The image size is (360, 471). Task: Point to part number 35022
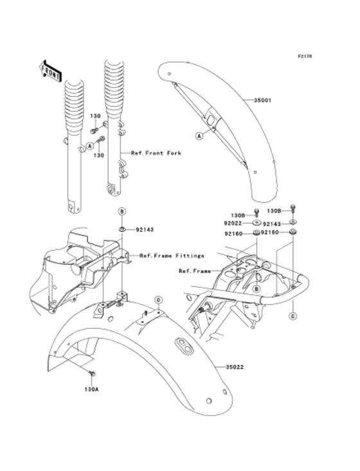235,367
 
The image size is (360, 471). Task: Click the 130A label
91,389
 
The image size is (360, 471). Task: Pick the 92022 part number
232,223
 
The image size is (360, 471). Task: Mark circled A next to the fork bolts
81,146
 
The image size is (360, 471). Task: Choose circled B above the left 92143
121,211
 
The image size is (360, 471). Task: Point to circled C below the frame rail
292,316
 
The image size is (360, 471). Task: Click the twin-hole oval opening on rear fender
184,347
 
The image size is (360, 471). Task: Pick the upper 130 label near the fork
95,116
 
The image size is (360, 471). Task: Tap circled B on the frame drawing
256,289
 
